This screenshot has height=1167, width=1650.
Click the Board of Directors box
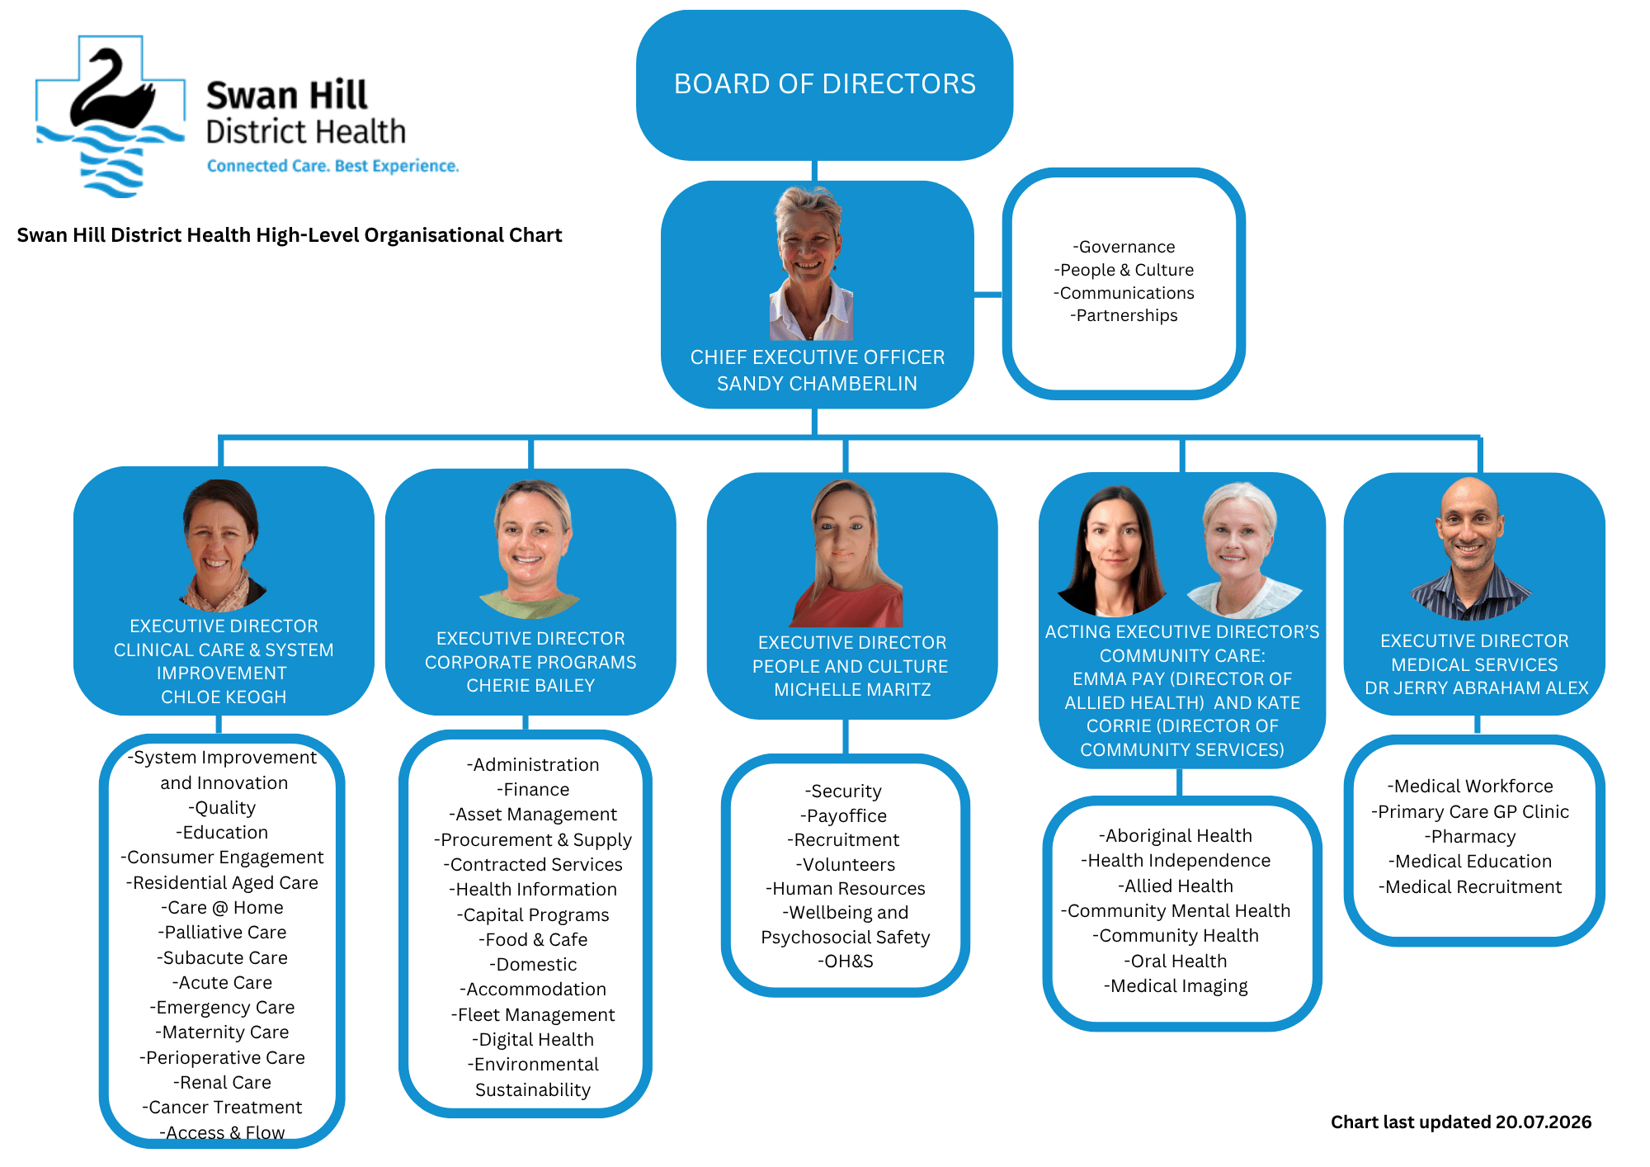click(x=824, y=85)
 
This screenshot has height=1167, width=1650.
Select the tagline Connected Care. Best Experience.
click(x=332, y=166)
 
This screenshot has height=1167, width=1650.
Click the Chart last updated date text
click(x=1461, y=1122)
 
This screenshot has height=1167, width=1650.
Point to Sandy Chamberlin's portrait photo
click(x=812, y=263)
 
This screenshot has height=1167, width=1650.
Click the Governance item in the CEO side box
click(x=1124, y=247)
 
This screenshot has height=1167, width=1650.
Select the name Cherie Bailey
click(x=530, y=686)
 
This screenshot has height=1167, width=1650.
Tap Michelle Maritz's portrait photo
click(x=846, y=553)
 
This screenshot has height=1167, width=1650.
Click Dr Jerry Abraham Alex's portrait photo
click(x=1470, y=549)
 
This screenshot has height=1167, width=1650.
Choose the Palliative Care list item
click(x=222, y=933)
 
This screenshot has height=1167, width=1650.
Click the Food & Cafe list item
click(x=533, y=940)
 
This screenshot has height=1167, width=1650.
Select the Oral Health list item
click(x=1176, y=961)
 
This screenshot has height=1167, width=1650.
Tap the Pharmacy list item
click(x=1470, y=837)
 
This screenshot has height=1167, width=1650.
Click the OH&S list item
click(x=845, y=961)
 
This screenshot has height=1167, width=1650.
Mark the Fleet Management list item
click(x=533, y=1015)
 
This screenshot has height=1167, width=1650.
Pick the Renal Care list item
click(x=222, y=1083)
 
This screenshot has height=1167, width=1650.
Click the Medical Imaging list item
click(x=1176, y=986)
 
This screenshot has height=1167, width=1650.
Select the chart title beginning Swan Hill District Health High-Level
click(x=290, y=235)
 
